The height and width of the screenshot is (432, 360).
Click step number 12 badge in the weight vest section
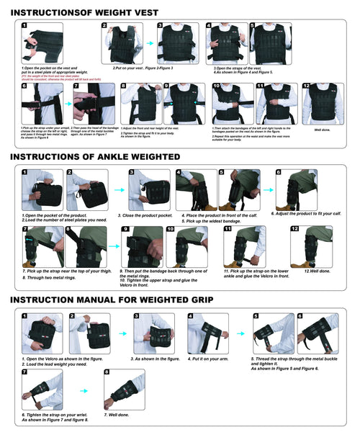306,86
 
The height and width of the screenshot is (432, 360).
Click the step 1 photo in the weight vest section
41,44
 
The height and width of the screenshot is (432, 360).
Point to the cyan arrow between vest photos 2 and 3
150,44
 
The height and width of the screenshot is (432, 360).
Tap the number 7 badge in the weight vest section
76,86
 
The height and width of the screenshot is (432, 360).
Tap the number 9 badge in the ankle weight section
125,230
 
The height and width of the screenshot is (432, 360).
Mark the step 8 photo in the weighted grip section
124,390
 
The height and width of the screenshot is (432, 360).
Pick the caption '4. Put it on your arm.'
208,359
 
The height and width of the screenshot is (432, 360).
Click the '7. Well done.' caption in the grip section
117,415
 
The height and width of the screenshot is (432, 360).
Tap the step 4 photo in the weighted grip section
208,333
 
